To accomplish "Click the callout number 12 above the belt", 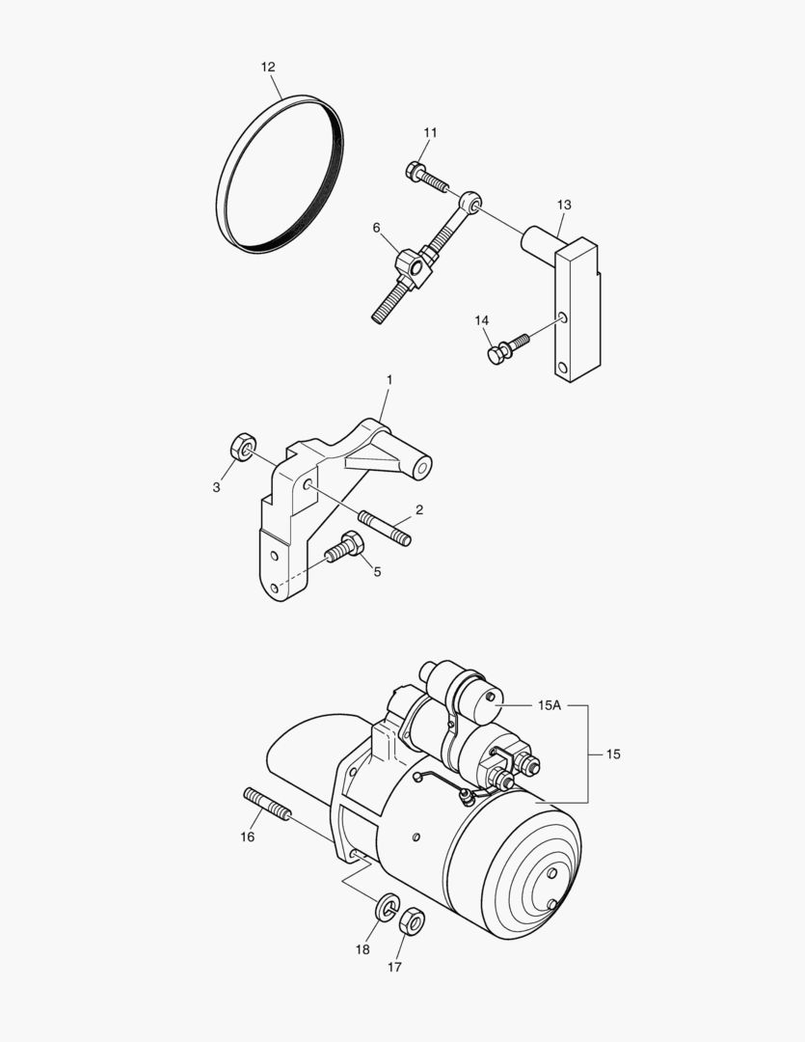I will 268,67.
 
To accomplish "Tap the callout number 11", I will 430,132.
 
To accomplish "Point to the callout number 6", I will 377,228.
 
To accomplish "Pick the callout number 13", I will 564,205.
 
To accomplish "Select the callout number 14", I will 482,320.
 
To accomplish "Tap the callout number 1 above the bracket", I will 389,381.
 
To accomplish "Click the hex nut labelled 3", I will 242,448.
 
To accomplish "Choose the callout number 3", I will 217,487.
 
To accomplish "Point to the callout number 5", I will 377,571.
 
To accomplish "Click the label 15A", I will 549,705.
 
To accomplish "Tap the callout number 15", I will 614,754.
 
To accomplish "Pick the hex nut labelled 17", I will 412,923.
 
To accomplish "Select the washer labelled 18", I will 388,908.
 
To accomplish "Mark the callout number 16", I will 248,836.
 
